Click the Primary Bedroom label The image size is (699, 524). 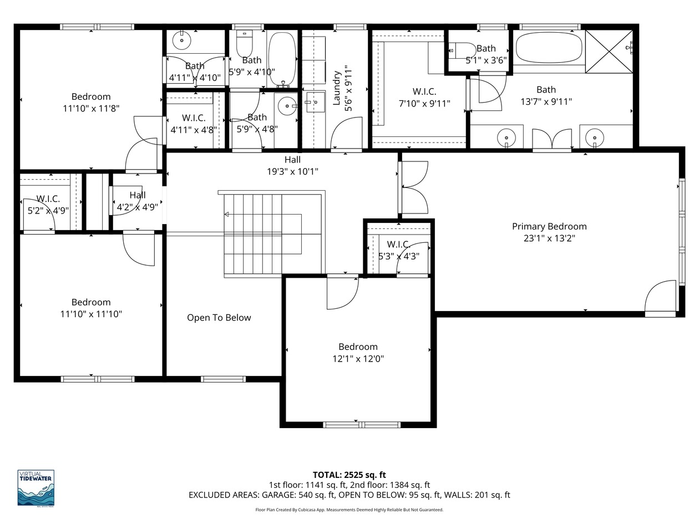pyautogui.click(x=549, y=227)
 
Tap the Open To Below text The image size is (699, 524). pyautogui.click(x=219, y=318)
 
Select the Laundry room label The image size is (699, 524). pyautogui.click(x=337, y=88)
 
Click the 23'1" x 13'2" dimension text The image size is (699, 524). pyautogui.click(x=549, y=238)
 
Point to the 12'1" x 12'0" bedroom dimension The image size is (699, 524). pyautogui.click(x=358, y=359)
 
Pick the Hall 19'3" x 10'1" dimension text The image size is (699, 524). pyautogui.click(x=292, y=172)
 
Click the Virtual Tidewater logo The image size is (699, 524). pyautogui.click(x=36, y=488)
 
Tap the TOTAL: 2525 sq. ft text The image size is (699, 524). pyautogui.click(x=349, y=475)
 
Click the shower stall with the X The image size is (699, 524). pyautogui.click(x=609, y=52)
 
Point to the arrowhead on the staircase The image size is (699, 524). pyautogui.click(x=226, y=215)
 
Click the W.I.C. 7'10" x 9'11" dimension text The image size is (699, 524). pyautogui.click(x=424, y=104)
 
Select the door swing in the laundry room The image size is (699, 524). pyautogui.click(x=347, y=133)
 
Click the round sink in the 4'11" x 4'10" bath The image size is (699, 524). pyautogui.click(x=181, y=40)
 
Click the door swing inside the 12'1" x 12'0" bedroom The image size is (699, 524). pyautogui.click(x=343, y=293)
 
